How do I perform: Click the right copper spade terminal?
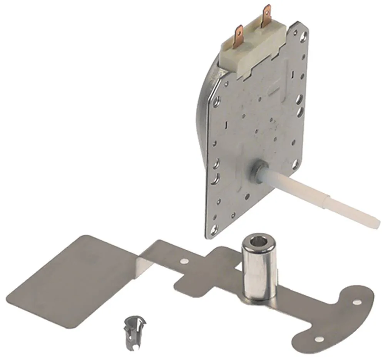[266, 16]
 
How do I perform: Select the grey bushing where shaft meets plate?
[258, 171]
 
